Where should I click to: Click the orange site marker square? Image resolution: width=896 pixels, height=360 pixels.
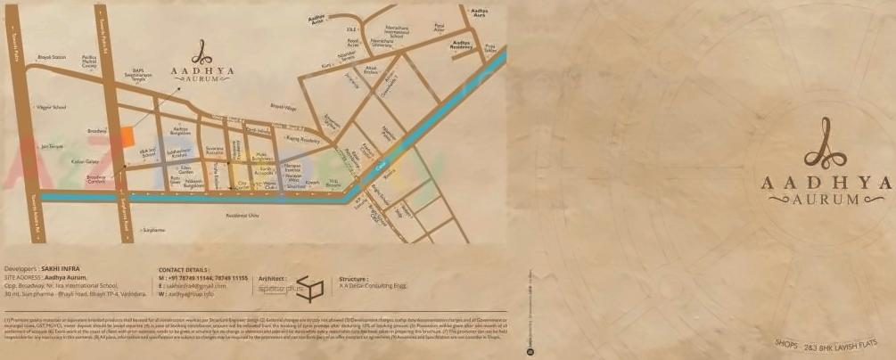127,135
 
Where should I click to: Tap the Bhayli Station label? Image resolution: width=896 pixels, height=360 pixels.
52,57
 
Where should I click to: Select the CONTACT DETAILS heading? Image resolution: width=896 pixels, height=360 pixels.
184,268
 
